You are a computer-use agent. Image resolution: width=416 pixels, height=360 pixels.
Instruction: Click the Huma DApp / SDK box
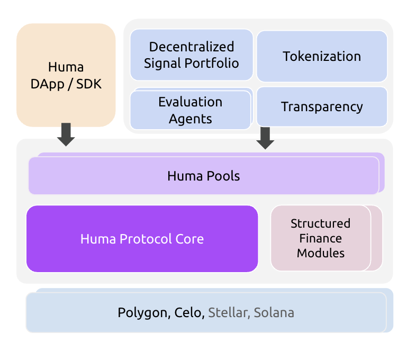[66, 75]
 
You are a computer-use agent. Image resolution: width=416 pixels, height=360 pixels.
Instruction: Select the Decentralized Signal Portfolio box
[191, 55]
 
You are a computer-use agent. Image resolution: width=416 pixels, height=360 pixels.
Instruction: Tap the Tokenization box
[322, 56]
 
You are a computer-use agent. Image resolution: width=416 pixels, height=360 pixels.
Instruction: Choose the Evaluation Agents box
[191, 110]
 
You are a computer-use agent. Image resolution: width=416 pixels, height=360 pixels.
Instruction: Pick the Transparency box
[322, 106]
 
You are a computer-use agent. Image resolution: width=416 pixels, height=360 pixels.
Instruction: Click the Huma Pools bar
[204, 176]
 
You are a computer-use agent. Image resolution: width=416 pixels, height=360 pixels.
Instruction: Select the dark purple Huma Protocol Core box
[142, 239]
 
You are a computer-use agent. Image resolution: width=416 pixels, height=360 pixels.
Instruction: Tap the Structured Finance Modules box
[320, 238]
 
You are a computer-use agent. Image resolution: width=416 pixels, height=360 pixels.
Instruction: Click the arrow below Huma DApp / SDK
[66, 134]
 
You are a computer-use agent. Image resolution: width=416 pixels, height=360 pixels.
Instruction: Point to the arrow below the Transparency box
[265, 138]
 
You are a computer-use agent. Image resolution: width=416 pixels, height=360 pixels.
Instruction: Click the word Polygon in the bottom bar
[142, 313]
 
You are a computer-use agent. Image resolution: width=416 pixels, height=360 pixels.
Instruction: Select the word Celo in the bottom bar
[188, 313]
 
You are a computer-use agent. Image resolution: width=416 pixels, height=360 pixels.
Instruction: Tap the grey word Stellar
[228, 313]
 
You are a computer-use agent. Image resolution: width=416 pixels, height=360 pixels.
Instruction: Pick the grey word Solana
[274, 313]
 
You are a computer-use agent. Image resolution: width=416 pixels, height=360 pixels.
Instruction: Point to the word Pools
[223, 176]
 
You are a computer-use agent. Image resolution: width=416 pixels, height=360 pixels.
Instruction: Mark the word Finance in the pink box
[320, 238]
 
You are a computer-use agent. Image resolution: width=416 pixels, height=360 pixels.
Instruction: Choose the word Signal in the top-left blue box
[162, 64]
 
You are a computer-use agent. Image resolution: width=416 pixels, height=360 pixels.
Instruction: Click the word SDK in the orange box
[88, 84]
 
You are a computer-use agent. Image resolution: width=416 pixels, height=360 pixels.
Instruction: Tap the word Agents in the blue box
[191, 119]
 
